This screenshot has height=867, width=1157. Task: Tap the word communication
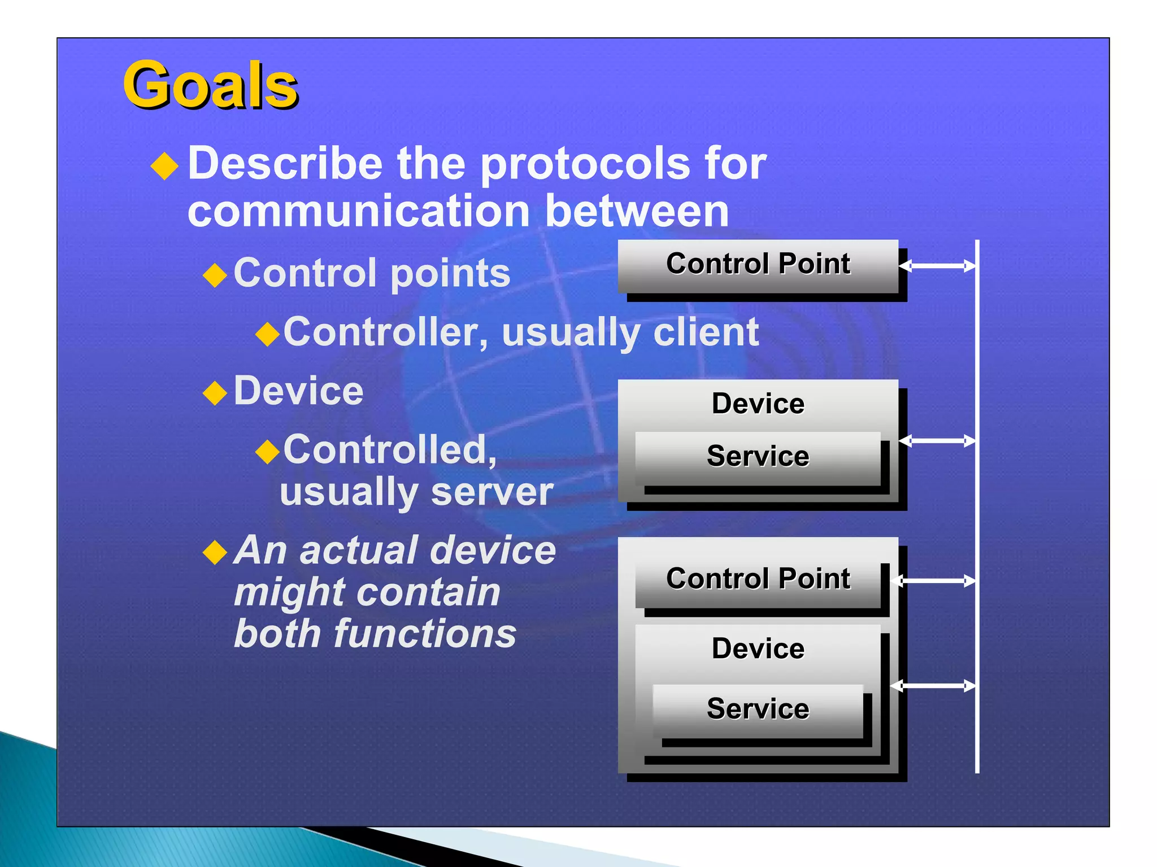358,212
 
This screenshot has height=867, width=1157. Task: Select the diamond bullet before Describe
165,166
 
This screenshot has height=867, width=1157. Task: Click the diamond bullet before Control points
215,275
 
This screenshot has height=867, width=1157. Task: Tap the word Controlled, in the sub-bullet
390,450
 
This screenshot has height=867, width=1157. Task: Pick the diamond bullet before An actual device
215,552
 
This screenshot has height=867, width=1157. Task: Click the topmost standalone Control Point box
758,264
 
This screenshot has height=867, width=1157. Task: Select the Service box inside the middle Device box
758,457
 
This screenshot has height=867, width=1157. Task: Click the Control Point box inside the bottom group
758,579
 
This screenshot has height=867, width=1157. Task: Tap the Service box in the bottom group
758,709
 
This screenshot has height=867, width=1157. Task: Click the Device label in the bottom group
758,649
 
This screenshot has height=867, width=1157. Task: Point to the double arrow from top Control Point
937,265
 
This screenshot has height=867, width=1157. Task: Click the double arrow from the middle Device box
937,440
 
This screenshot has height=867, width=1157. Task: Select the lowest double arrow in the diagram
933,686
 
